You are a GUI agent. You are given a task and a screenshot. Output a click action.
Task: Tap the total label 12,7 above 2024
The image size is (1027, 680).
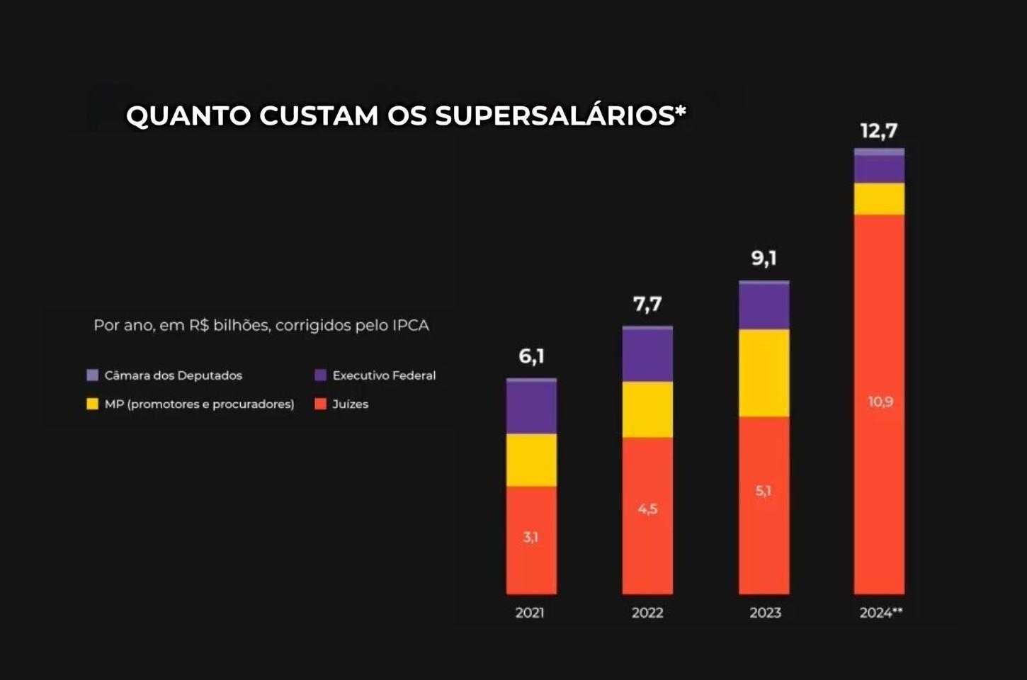(x=879, y=131)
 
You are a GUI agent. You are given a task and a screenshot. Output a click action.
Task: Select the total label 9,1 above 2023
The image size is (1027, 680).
(x=764, y=258)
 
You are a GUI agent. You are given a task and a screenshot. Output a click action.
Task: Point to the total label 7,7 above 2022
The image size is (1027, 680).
(x=647, y=304)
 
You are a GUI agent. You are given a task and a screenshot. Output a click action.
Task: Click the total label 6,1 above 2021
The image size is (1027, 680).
(x=531, y=356)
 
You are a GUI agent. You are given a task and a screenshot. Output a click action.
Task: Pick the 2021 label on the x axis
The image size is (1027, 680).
(x=530, y=613)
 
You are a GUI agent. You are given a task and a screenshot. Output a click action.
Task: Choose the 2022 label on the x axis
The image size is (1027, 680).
(x=647, y=613)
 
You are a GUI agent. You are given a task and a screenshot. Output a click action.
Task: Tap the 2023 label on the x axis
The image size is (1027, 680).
(x=765, y=613)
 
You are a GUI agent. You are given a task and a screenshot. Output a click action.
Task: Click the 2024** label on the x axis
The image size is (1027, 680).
(x=881, y=613)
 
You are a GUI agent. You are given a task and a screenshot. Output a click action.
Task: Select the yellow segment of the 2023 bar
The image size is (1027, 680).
(x=764, y=373)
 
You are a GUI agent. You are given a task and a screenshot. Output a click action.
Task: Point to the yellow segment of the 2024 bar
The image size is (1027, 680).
(x=879, y=199)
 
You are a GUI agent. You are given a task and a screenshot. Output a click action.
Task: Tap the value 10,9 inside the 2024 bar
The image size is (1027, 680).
(x=880, y=402)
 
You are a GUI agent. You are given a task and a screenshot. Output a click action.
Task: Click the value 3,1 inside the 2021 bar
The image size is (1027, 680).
(x=530, y=537)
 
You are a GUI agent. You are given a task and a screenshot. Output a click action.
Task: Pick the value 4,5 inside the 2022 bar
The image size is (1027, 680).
(x=647, y=509)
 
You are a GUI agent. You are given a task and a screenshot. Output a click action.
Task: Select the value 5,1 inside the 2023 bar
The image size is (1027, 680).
(x=763, y=490)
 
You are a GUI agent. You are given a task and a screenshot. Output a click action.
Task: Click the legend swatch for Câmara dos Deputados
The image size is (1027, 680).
(x=92, y=375)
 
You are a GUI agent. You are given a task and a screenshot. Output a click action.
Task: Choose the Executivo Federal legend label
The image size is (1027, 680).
(x=384, y=375)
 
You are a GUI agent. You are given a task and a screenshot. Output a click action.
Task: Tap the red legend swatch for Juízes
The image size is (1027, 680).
(x=320, y=404)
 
